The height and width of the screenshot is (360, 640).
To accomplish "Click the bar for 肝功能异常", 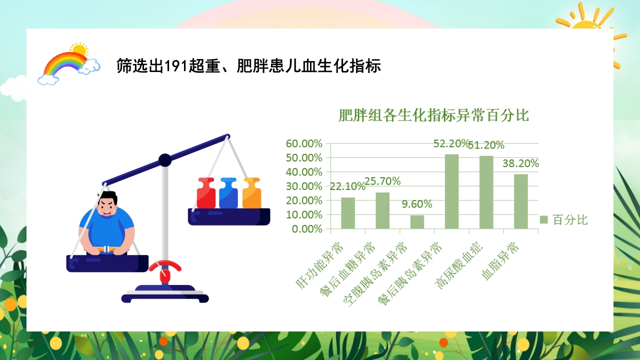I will [x=348, y=213].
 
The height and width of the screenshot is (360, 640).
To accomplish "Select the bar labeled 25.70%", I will [x=382, y=210].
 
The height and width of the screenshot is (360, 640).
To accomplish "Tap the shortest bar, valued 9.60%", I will [x=417, y=222].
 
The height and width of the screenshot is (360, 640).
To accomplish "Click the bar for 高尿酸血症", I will [x=486, y=192].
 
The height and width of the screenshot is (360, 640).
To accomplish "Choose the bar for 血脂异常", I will [x=520, y=201].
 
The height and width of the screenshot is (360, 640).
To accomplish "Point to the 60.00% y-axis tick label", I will [x=304, y=143].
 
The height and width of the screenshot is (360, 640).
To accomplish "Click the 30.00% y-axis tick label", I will [x=304, y=186].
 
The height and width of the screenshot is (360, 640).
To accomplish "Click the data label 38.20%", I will [x=520, y=163].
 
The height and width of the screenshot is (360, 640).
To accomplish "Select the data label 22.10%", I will [x=347, y=187].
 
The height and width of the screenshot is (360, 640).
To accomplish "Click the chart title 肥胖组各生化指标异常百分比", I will [x=433, y=115].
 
